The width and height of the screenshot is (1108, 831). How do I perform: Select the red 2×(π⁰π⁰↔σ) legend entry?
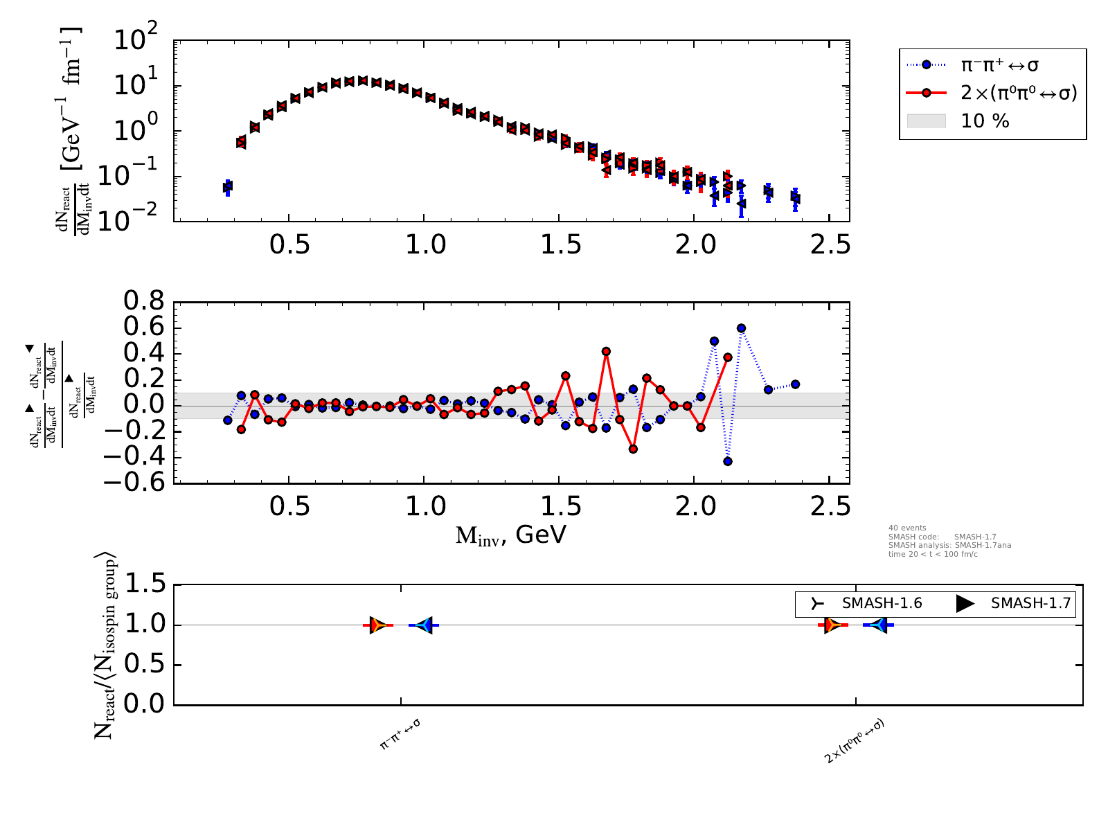tap(1019, 93)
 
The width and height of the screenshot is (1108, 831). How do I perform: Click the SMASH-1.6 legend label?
tap(882, 603)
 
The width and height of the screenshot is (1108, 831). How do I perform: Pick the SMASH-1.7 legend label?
tap(1030, 603)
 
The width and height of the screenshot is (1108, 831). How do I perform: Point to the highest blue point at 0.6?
tap(741, 328)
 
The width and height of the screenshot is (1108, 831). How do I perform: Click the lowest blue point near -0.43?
tap(728, 461)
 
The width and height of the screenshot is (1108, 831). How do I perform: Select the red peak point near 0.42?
tap(606, 351)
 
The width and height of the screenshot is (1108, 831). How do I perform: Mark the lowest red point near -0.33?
tap(633, 449)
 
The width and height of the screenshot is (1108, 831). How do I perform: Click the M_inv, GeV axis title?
tap(511, 535)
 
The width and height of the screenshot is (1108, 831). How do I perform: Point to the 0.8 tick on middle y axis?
tap(143, 302)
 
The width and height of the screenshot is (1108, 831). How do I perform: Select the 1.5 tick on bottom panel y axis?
tap(144, 586)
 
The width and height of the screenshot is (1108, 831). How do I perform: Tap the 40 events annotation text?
tap(907, 528)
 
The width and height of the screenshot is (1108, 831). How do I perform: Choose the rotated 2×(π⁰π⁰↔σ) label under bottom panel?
tap(855, 742)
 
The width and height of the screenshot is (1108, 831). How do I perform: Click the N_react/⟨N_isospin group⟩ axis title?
tap(105, 645)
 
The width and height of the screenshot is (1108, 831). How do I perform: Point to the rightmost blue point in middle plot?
tap(795, 384)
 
